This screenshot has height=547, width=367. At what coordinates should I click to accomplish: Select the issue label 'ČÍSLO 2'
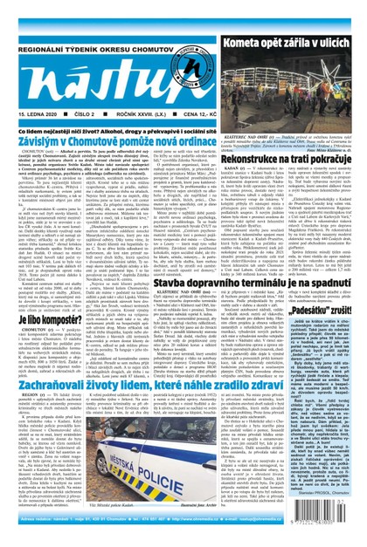point(81,87)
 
